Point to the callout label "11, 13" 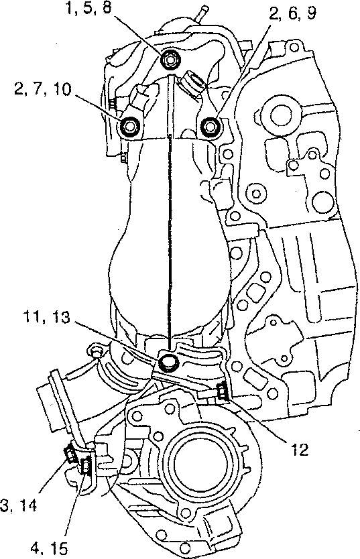click(x=46, y=316)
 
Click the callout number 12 click(x=299, y=450)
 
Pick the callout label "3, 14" click(x=18, y=505)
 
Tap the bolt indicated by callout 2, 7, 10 click(x=129, y=125)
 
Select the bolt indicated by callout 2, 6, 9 click(x=210, y=126)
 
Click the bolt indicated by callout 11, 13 click(x=168, y=363)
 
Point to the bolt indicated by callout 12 click(x=223, y=391)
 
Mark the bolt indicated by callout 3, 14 click(x=69, y=455)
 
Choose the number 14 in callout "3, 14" click(x=27, y=505)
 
